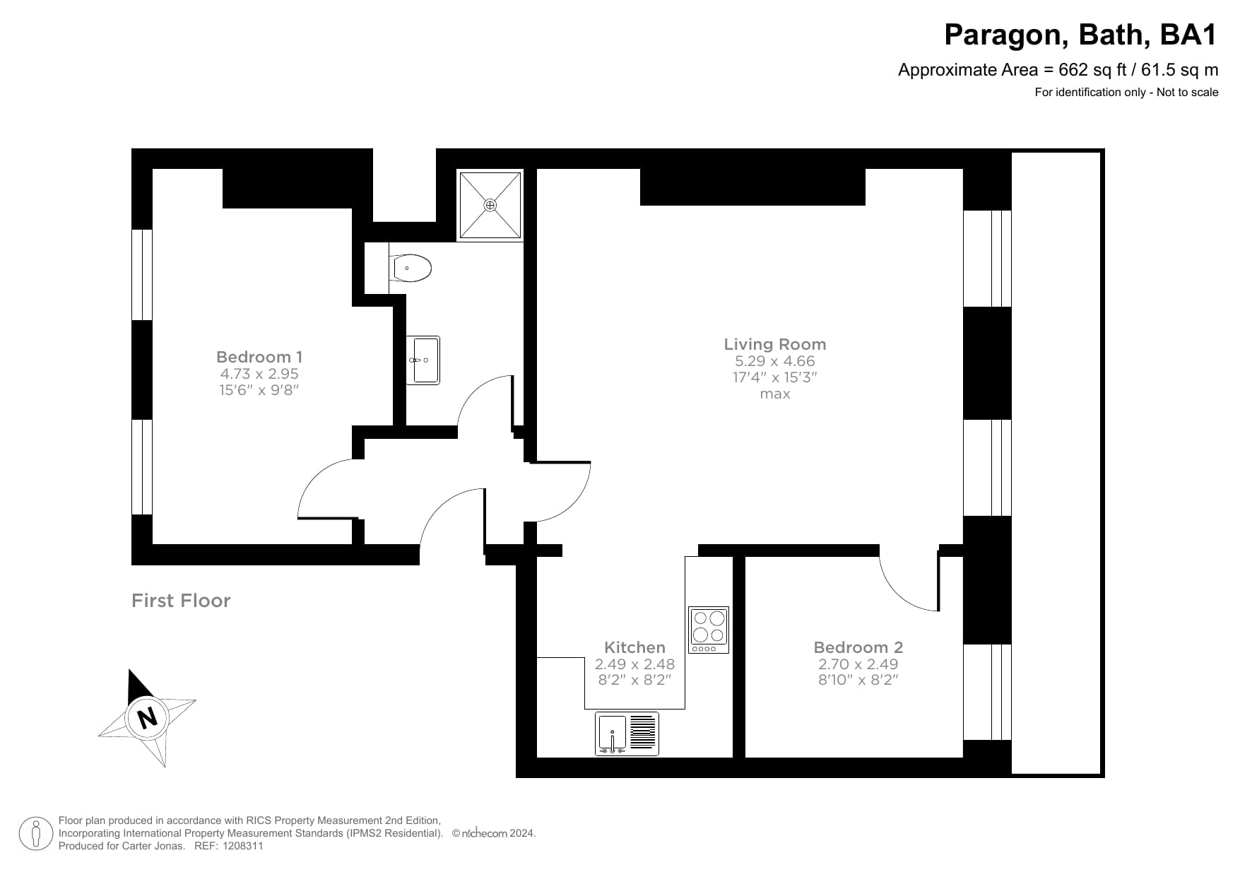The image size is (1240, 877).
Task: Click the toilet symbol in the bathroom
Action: [x=411, y=269]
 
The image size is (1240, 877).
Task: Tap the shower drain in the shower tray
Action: [x=490, y=205]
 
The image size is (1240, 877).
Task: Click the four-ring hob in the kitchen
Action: [x=709, y=630]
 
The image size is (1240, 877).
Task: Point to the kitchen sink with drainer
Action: [x=627, y=734]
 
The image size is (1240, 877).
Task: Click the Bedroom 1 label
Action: [x=259, y=357]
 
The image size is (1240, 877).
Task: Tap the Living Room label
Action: [x=774, y=344]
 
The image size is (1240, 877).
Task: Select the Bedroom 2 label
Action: [x=858, y=647]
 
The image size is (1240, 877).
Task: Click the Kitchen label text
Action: [x=634, y=647]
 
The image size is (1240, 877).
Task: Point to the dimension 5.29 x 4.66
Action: [x=774, y=361]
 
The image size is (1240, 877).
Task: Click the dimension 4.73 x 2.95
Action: [x=259, y=374]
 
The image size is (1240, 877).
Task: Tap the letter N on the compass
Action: [x=147, y=718]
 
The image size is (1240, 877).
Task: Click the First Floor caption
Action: [x=181, y=601]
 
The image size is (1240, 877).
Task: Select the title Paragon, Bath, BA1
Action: [x=1080, y=35]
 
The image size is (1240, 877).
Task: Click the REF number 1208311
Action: [x=243, y=846]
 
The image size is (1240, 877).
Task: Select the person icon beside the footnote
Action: [x=35, y=834]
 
